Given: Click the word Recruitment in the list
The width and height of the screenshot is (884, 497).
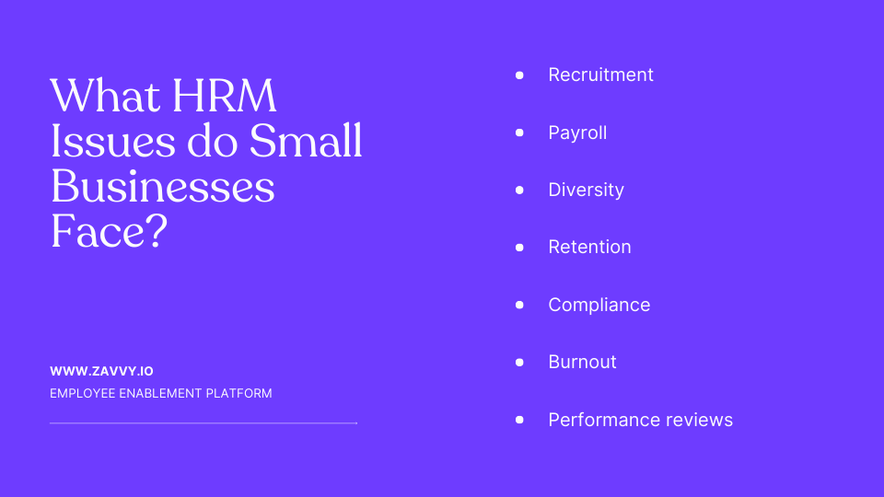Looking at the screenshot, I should (x=600, y=75).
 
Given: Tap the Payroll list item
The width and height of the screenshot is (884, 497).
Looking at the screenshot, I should (x=577, y=133).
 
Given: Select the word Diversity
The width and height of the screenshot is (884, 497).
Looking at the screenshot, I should (x=586, y=190).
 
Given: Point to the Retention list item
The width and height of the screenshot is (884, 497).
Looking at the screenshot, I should (x=589, y=247).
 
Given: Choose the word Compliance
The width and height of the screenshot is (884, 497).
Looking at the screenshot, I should (x=599, y=305).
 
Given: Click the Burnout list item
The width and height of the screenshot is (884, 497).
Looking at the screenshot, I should (x=582, y=362).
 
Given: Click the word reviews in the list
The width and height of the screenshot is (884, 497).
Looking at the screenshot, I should (x=697, y=420).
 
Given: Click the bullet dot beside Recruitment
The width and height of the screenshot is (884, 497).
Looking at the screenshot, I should (x=519, y=75).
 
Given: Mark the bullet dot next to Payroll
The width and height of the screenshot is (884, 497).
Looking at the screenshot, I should (x=519, y=133).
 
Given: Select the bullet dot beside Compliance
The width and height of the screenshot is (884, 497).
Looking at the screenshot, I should (x=519, y=305).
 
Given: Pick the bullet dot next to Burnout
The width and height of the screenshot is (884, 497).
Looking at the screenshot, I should (x=519, y=362).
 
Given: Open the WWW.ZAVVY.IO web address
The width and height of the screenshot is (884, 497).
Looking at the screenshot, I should (x=101, y=371).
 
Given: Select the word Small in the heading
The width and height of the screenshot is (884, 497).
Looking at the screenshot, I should (x=306, y=141).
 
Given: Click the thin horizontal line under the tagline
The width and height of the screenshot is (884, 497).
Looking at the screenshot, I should (x=203, y=423).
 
